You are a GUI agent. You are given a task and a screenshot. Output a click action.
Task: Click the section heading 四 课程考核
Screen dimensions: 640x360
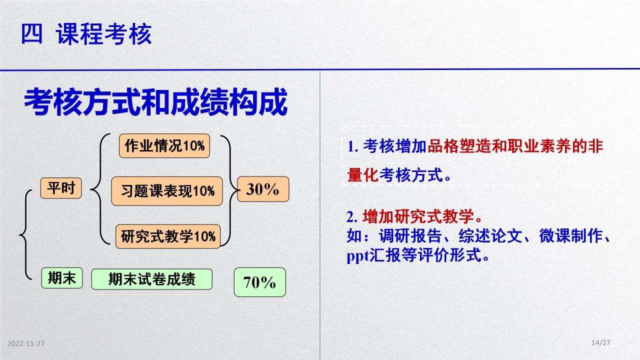coord(86,34)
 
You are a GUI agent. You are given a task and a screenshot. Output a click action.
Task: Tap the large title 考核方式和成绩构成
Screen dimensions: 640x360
coord(155,102)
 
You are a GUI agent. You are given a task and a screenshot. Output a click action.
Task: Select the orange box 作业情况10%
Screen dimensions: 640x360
coord(164,145)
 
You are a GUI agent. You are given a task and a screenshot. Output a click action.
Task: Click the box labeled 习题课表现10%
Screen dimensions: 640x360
coord(167,191)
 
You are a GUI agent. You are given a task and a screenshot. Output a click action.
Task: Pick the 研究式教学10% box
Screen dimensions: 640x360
coord(168,236)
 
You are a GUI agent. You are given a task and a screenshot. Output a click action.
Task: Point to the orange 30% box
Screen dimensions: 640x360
coord(263,189)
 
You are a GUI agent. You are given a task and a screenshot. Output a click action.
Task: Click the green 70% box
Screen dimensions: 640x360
coord(259,282)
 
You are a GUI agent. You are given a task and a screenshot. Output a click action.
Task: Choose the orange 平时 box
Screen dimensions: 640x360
coord(61,188)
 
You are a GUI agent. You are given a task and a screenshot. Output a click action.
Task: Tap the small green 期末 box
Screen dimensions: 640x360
coord(62,278)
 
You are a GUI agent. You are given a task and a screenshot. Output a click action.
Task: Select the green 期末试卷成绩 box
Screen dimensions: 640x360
coord(151,279)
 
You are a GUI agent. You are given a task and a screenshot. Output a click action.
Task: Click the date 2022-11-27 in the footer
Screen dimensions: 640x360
coord(25,343)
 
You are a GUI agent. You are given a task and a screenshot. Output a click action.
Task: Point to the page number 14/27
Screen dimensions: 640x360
coord(601,342)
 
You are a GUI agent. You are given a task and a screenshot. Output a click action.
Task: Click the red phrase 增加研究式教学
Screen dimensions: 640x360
coord(418,216)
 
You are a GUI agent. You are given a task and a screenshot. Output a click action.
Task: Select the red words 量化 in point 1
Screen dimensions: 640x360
coord(363,175)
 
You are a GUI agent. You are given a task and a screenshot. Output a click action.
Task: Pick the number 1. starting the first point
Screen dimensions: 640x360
coord(352,146)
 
